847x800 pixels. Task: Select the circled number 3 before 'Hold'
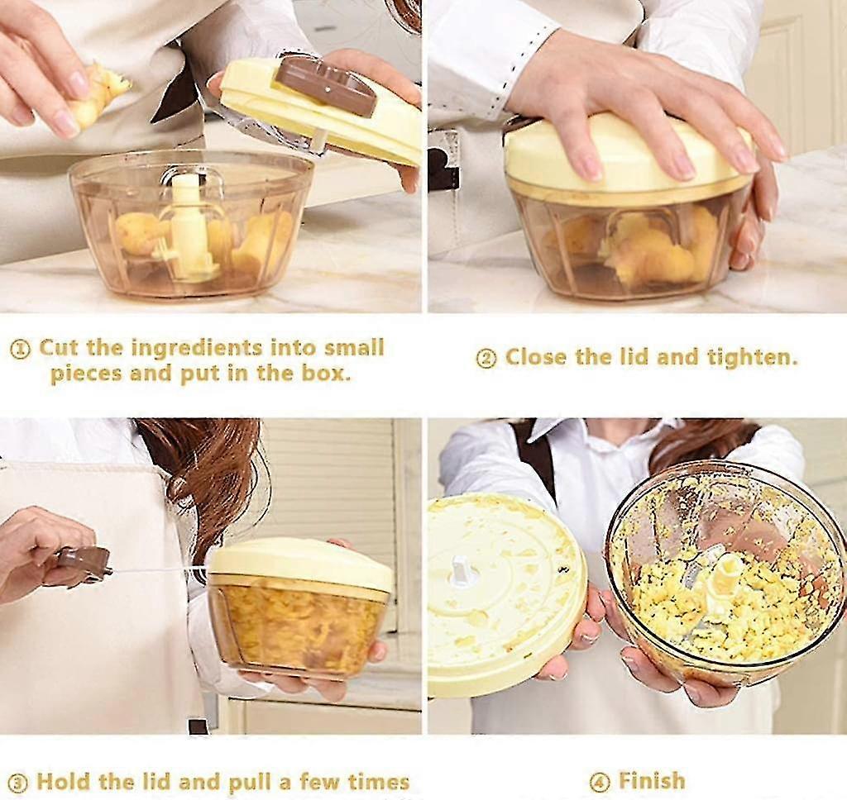pos(19,783)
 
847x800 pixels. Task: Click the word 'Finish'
pos(652,780)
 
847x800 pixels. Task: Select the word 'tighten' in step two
pos(751,357)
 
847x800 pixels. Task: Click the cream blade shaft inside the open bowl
pos(190,226)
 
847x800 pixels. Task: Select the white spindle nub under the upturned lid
pos(460,570)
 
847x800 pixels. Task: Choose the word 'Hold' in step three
pos(62,782)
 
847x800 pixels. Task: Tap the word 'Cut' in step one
pos(60,348)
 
